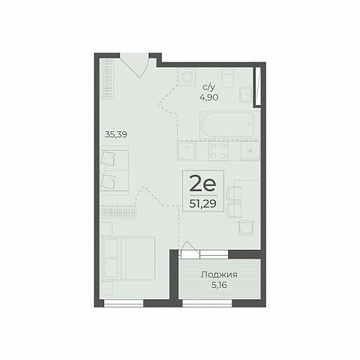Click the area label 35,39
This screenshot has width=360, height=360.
tap(116, 135)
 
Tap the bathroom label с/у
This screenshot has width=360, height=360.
tap(208, 87)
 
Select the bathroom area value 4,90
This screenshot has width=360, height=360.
tap(208, 97)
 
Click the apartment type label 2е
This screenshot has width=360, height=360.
tap(202, 184)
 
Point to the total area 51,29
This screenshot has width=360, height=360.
tap(202, 204)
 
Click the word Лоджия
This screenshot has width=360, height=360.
tap(219, 275)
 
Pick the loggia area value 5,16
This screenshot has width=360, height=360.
tap(219, 285)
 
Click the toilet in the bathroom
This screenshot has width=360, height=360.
tap(228, 78)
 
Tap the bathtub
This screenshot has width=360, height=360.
tap(226, 125)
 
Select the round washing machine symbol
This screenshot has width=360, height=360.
tap(187, 77)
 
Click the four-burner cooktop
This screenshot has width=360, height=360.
tap(218, 151)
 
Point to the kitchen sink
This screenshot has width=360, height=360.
tap(187, 151)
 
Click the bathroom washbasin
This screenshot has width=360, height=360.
tap(245, 94)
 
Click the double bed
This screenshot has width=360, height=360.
tap(128, 259)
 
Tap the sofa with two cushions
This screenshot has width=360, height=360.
tap(115, 170)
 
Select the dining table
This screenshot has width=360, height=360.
tap(247, 201)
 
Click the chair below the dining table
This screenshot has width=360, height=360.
tap(246, 227)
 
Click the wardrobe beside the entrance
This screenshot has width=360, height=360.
tap(108, 79)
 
